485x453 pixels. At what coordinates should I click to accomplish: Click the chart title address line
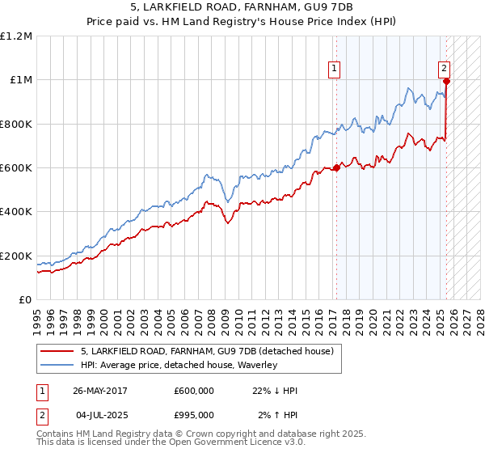242,7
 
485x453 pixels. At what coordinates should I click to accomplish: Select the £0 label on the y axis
23,300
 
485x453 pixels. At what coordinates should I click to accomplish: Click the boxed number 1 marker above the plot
334,69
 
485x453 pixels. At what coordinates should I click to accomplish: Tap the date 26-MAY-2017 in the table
100,391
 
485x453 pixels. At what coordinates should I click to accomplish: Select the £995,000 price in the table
194,415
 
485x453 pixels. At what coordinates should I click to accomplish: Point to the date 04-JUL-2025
100,415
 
